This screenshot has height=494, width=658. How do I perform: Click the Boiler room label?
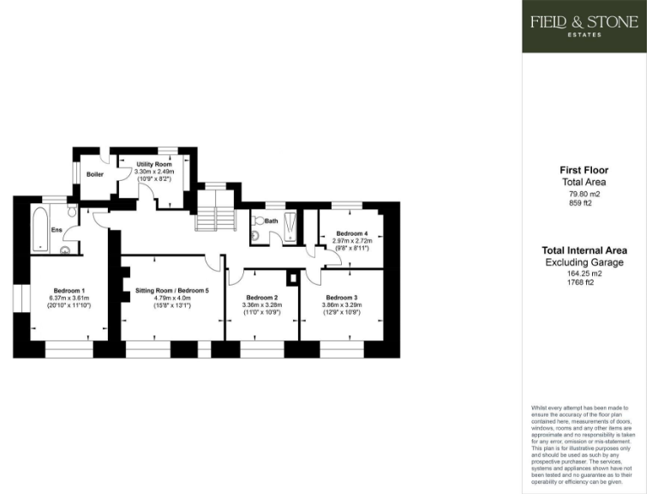pos(94,174)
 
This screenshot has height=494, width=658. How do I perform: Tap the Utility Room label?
pos(154,164)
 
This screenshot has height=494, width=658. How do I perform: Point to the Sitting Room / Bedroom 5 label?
pos(171,290)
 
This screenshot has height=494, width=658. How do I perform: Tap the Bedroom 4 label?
pos(351,233)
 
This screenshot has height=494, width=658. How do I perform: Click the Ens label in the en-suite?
pos(56,230)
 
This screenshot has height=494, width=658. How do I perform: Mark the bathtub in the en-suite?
pos(39,228)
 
